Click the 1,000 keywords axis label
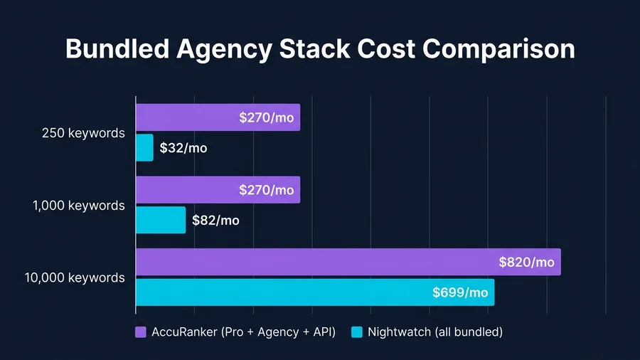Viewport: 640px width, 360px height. [x=79, y=206]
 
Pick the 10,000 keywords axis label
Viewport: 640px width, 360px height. [x=75, y=277]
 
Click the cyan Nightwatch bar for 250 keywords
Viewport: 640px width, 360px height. [x=144, y=147]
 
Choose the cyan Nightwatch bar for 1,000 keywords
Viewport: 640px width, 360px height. [x=161, y=220]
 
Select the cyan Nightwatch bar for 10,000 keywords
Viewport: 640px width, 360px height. [x=284, y=292]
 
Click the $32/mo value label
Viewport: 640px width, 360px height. [x=183, y=148]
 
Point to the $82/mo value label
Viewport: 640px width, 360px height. [x=215, y=221]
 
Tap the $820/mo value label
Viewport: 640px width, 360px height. [x=526, y=262]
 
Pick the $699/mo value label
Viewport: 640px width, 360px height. [x=460, y=292]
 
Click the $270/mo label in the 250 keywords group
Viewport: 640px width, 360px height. [x=266, y=117]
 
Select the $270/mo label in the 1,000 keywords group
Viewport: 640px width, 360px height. [x=266, y=190]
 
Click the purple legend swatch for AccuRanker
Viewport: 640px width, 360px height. [x=141, y=332]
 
